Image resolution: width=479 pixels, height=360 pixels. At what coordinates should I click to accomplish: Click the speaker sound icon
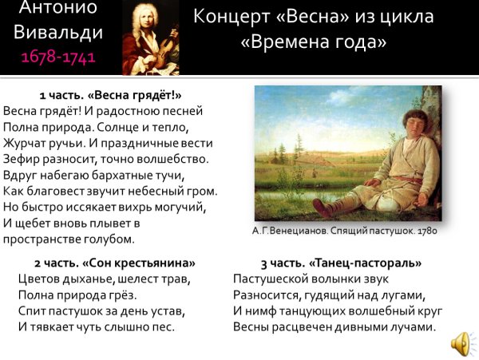(x=460, y=343)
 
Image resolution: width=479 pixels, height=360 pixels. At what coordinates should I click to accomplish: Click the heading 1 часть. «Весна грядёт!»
(x=110, y=94)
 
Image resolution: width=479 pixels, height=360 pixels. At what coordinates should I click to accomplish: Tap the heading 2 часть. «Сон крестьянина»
(x=114, y=263)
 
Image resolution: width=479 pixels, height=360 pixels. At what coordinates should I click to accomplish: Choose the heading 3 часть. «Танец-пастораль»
(x=341, y=263)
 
